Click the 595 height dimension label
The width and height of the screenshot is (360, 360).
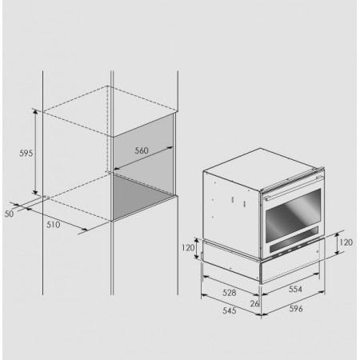(x=26, y=153)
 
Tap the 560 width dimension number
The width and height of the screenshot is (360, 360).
(x=142, y=150)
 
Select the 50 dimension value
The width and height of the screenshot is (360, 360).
(x=9, y=214)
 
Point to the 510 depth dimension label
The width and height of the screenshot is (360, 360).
(x=54, y=225)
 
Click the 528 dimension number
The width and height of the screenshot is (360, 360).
(x=230, y=293)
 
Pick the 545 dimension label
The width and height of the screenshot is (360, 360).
(x=230, y=310)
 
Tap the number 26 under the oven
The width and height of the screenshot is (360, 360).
(x=254, y=303)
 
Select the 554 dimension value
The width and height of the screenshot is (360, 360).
(x=295, y=289)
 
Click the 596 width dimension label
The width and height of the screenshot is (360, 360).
(x=296, y=309)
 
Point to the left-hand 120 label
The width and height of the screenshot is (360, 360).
(x=188, y=248)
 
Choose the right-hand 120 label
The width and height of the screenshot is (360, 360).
(x=346, y=242)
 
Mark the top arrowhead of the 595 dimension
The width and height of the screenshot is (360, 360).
(x=35, y=111)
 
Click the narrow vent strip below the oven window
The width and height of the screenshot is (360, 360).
(x=294, y=243)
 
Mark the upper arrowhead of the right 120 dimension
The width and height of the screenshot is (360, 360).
(x=337, y=235)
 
